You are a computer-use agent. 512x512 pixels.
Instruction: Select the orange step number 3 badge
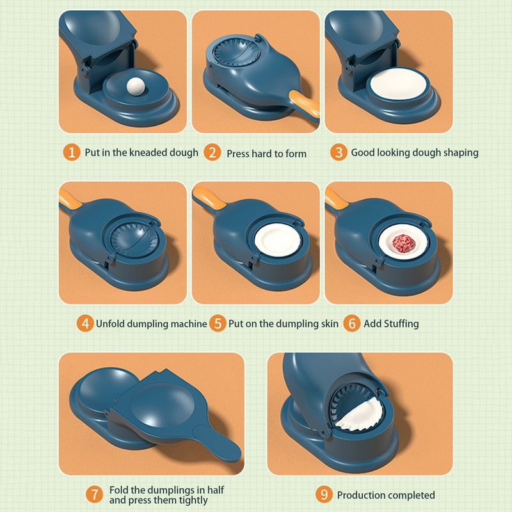[339, 152]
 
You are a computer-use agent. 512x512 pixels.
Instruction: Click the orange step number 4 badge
[85, 323]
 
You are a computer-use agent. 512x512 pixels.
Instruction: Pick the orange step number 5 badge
[218, 323]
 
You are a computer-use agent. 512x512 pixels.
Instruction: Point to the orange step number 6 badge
[351, 323]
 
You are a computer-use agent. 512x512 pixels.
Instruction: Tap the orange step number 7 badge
[95, 494]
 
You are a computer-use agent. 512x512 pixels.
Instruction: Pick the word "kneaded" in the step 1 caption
[147, 153]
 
